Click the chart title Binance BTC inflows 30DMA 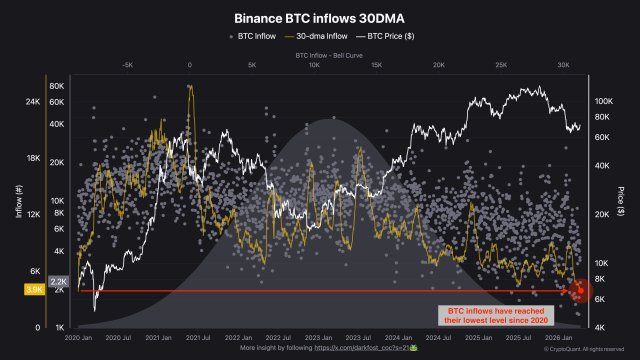(x=319, y=18)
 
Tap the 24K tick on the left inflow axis (x=31, y=102)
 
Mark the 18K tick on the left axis (x=31, y=158)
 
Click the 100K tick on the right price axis (x=603, y=101)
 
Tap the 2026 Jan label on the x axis (x=562, y=338)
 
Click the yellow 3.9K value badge (x=33, y=289)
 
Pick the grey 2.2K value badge (x=58, y=282)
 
